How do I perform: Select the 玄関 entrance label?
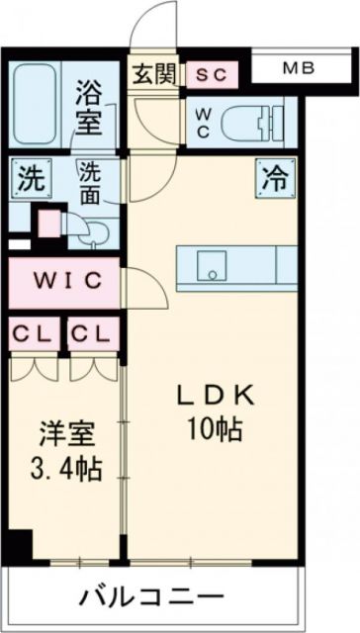click(x=155, y=73)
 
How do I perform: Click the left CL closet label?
click(x=33, y=333)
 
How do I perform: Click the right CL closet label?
click(x=93, y=333)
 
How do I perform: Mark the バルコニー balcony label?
click(x=149, y=597)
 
